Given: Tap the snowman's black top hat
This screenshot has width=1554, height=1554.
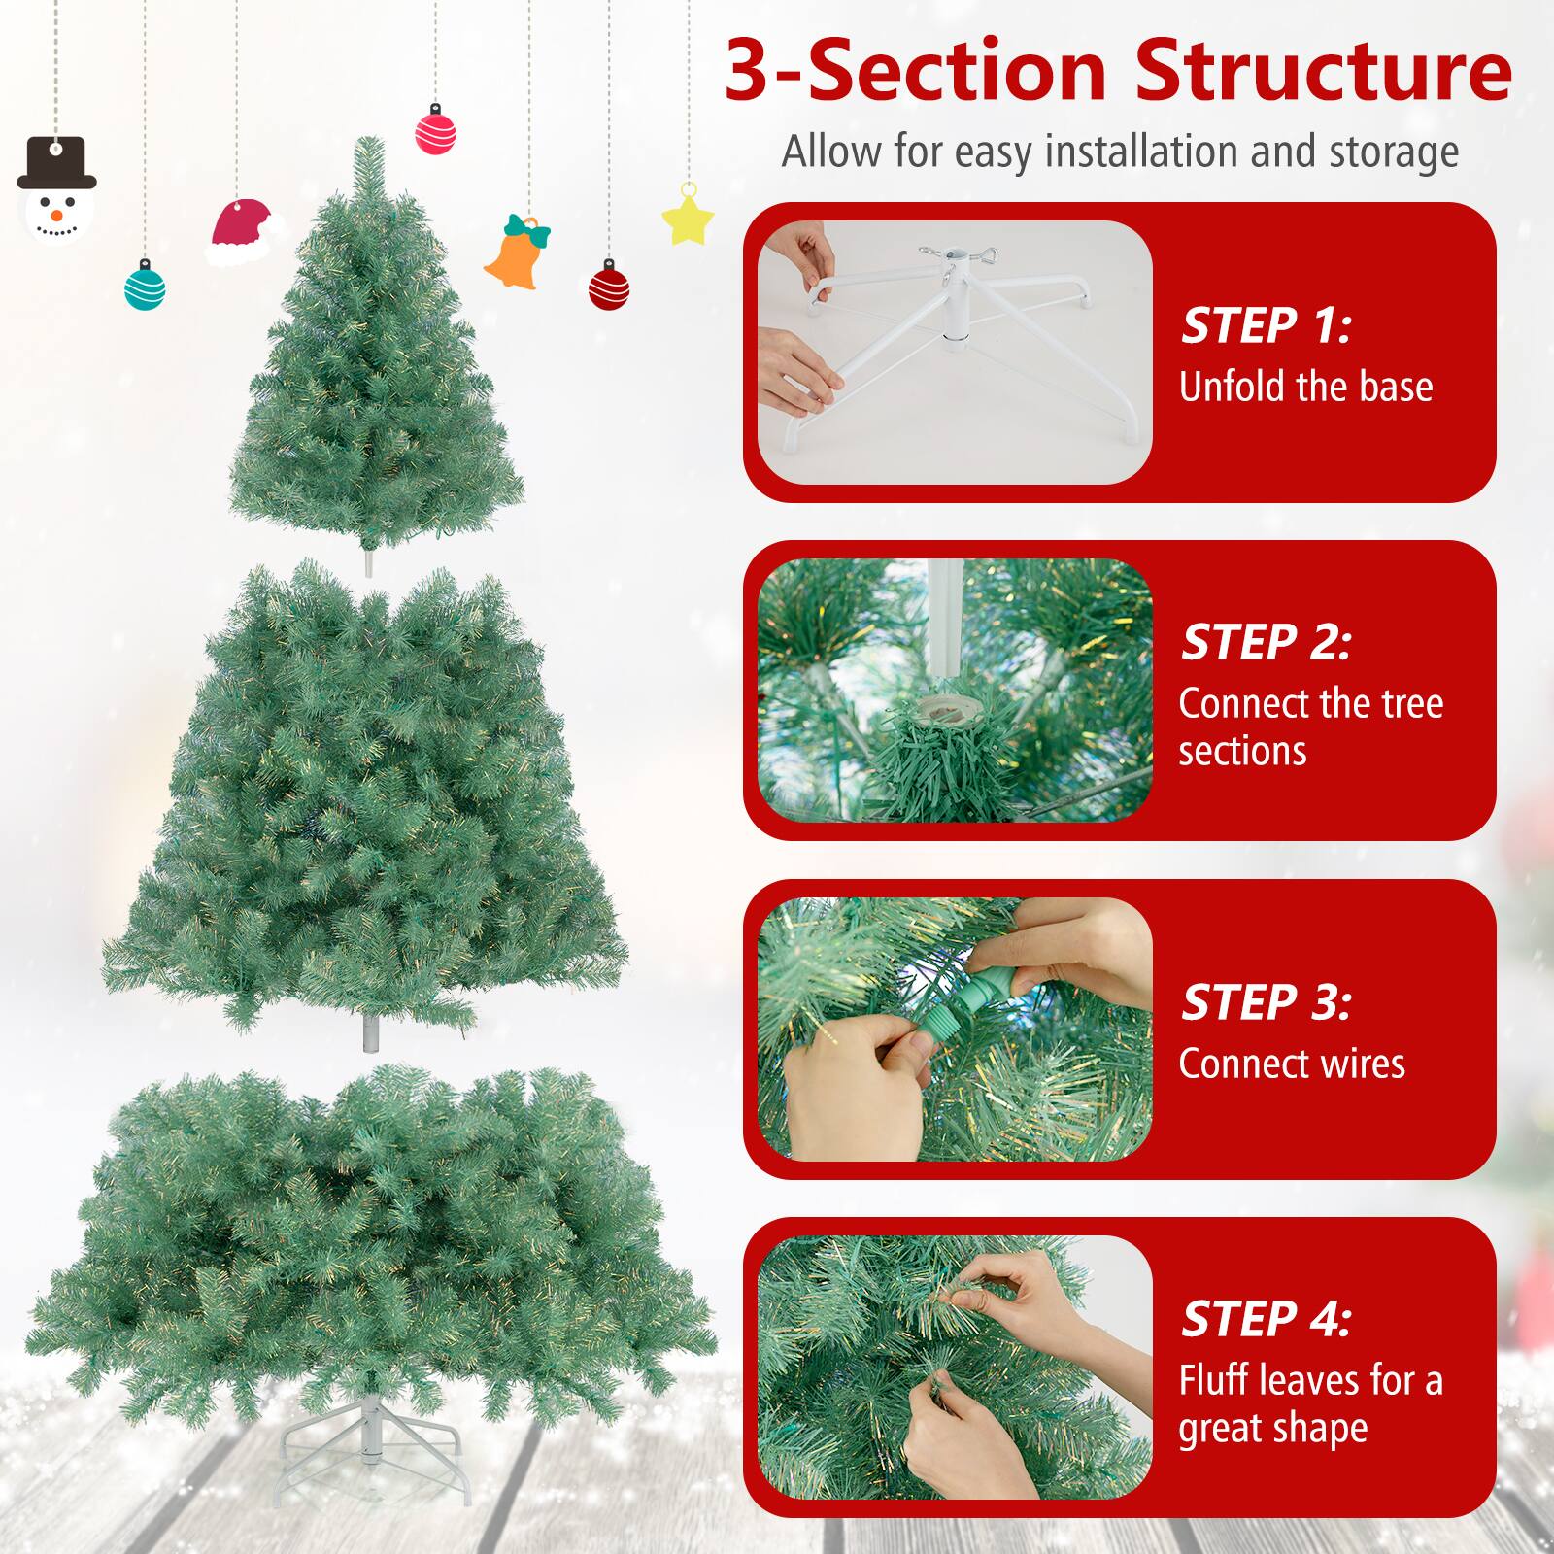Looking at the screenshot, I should (x=57, y=163).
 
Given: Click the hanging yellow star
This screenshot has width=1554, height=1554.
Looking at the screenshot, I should (x=688, y=218).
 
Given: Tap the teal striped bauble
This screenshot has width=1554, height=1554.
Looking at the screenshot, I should (x=145, y=287).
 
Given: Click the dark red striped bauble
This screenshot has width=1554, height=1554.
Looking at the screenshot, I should (x=609, y=287).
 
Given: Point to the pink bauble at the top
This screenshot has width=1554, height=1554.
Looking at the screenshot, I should (x=435, y=132).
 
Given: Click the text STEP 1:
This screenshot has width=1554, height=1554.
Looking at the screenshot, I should (x=1265, y=326).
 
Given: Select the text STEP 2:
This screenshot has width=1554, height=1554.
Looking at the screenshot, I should (x=1265, y=643).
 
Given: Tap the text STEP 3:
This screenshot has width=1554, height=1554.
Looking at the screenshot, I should (x=1265, y=1003).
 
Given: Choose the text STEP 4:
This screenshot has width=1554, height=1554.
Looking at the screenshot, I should (x=1265, y=1319).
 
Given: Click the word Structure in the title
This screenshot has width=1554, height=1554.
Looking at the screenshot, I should (x=1323, y=72).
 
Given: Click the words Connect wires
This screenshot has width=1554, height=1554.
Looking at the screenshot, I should (x=1292, y=1064).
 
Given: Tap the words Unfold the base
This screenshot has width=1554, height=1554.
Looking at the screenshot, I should (x=1305, y=388).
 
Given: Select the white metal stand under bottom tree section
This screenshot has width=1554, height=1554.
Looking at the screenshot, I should (x=370, y=1441).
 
